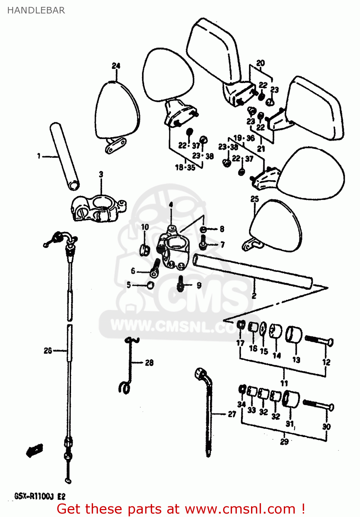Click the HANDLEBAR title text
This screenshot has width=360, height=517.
click(x=36, y=10)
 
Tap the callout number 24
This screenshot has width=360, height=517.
click(x=116, y=66)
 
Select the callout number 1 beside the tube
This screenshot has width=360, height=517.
click(x=39, y=156)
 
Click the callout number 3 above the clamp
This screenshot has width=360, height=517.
click(x=101, y=174)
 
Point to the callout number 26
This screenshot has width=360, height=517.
click(x=48, y=351)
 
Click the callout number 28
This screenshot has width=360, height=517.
click(x=149, y=363)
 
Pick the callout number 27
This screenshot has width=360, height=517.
click(x=232, y=414)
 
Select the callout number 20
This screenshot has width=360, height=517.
click(x=261, y=63)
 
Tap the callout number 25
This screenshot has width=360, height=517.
click(x=254, y=199)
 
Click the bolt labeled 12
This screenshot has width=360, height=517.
click(x=319, y=341)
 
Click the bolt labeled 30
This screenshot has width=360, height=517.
click(x=319, y=406)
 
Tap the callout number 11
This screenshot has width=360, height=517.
click(x=284, y=383)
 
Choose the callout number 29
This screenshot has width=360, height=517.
click(x=284, y=442)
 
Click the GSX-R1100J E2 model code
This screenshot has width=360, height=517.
click(x=40, y=497)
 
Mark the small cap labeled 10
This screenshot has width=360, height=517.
click(x=144, y=250)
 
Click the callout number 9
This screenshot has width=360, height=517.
click(x=199, y=285)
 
